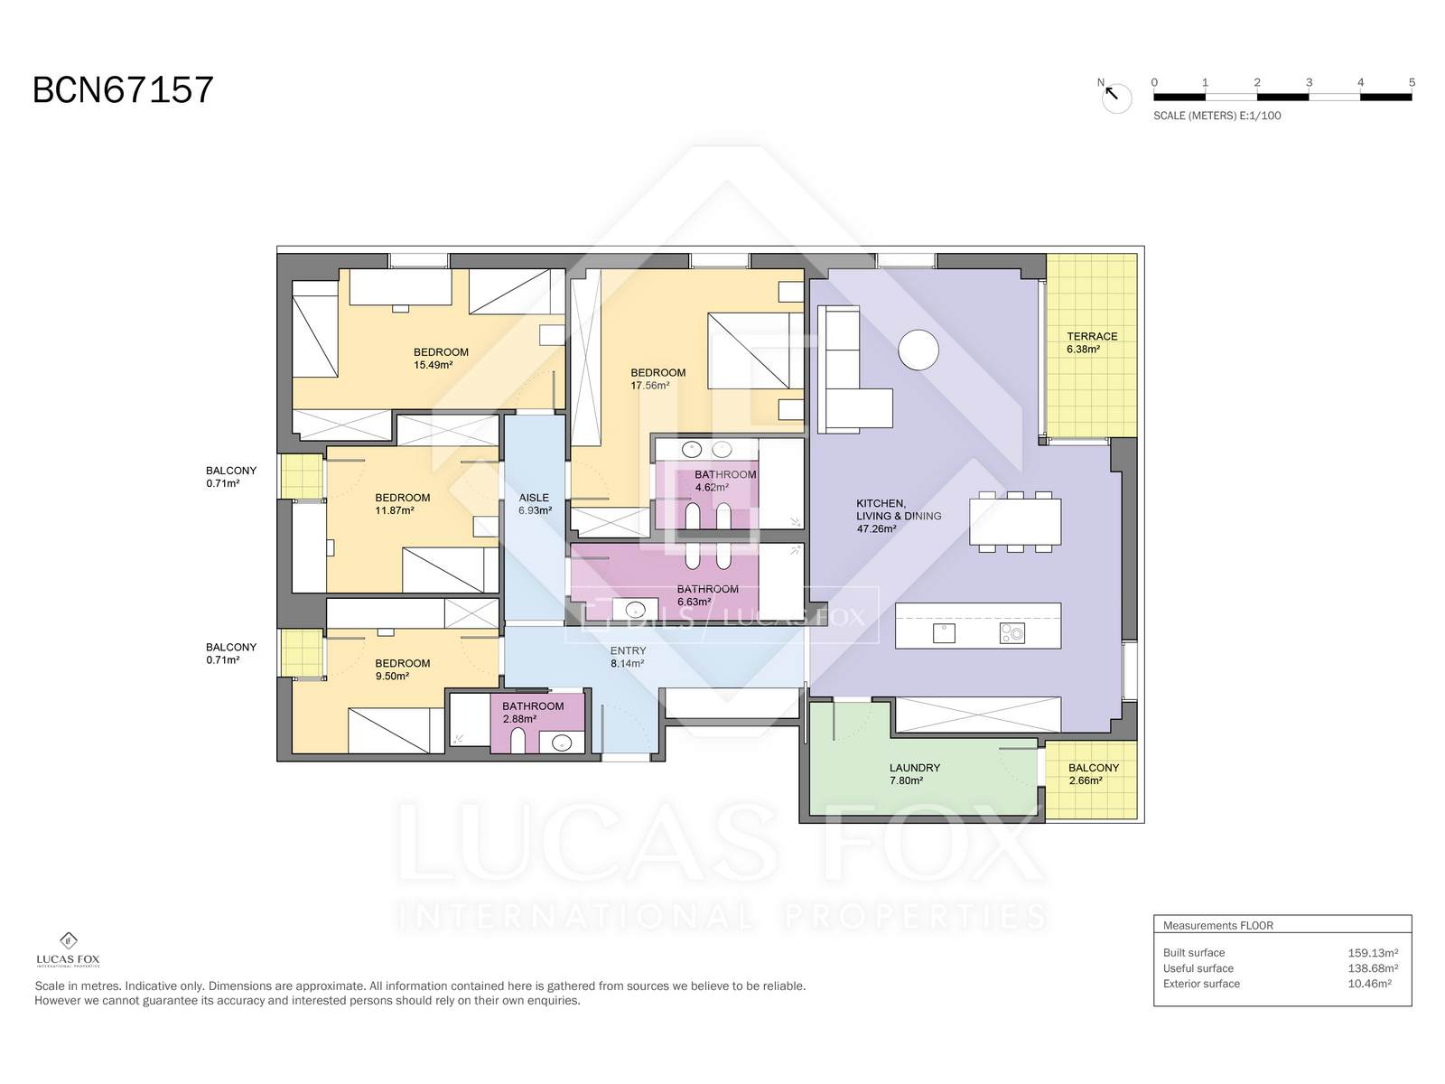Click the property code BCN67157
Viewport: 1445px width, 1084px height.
click(123, 89)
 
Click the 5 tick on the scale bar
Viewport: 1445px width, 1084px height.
click(1412, 82)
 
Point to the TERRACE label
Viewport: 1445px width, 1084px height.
click(1092, 336)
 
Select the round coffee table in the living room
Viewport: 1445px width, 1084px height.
click(918, 350)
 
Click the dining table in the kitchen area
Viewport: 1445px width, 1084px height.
click(1014, 521)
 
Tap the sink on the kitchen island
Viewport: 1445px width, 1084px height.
click(944, 633)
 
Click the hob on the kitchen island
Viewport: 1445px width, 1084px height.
click(1011, 633)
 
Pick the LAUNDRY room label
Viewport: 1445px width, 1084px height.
click(914, 768)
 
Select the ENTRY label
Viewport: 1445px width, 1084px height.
click(628, 650)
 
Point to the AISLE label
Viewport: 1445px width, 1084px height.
click(533, 498)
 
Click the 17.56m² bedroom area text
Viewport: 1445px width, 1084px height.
click(649, 386)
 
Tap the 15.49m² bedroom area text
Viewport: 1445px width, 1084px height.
click(433, 365)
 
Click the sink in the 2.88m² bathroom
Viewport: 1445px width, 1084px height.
click(562, 743)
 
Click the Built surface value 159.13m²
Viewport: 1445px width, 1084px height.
click(1373, 952)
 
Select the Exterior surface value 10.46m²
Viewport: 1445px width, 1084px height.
click(1369, 984)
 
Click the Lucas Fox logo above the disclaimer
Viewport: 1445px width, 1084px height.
click(68, 949)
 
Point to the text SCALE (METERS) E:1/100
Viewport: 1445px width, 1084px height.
click(1217, 116)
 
